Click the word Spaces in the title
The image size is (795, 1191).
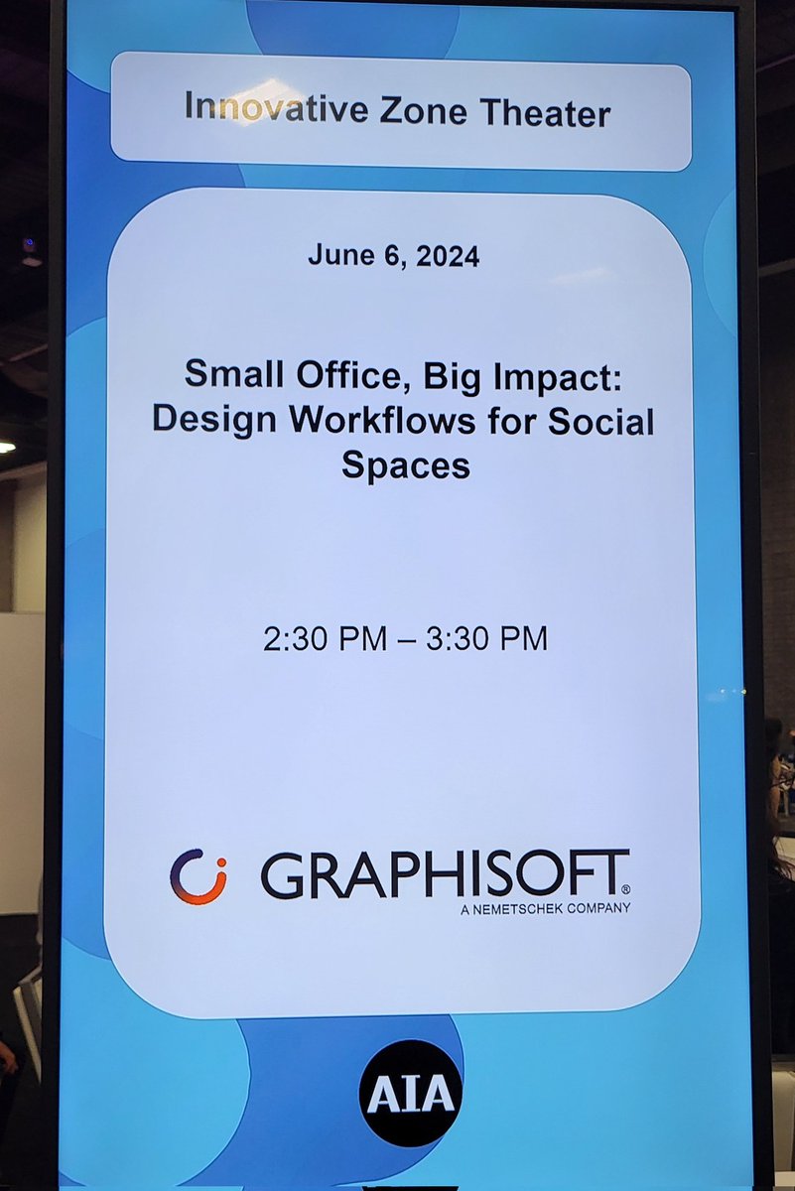click(406, 464)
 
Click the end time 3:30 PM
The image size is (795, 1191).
click(486, 639)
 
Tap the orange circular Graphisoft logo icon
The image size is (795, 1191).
click(198, 876)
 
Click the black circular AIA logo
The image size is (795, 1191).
click(410, 1093)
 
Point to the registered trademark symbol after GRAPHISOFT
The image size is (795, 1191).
click(624, 889)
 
